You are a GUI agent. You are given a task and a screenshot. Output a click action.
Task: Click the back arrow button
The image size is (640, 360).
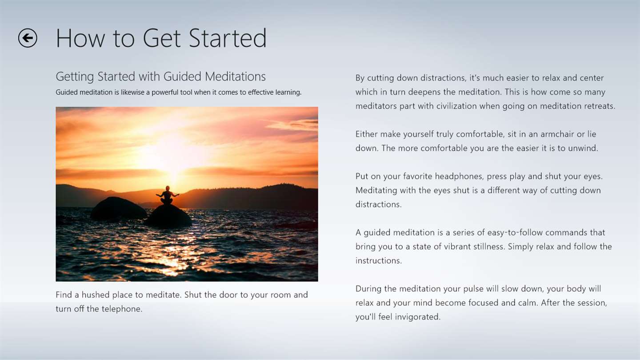28,38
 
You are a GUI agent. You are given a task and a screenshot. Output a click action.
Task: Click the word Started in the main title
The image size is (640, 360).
228,38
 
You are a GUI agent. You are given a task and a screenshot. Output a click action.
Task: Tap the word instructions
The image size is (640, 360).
379,260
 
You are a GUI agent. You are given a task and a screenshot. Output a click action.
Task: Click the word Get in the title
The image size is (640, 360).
161,38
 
